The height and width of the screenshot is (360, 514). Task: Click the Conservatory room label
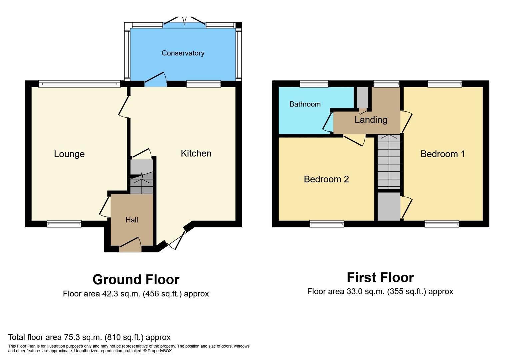tap(183, 53)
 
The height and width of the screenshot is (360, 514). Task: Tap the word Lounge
tap(69, 154)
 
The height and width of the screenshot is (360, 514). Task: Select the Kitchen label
tap(196, 153)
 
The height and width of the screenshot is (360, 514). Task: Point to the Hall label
tap(132, 220)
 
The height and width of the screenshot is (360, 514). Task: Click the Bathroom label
tap(305, 104)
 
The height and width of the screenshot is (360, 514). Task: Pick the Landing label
tap(371, 120)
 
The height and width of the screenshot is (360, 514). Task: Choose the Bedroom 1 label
tap(443, 154)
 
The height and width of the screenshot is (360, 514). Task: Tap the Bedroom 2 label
tap(326, 179)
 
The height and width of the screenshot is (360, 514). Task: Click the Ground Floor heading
tap(136, 279)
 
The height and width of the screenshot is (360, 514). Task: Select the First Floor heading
tap(380, 277)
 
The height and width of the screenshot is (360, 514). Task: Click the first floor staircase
tap(389, 162)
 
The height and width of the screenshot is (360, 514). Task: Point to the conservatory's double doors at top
tap(184, 22)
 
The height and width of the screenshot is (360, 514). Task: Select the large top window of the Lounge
tap(79, 84)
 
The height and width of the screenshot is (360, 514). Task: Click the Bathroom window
tap(314, 84)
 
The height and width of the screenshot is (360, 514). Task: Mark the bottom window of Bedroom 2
tap(326, 224)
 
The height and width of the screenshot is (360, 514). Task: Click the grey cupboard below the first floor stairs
tap(389, 206)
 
